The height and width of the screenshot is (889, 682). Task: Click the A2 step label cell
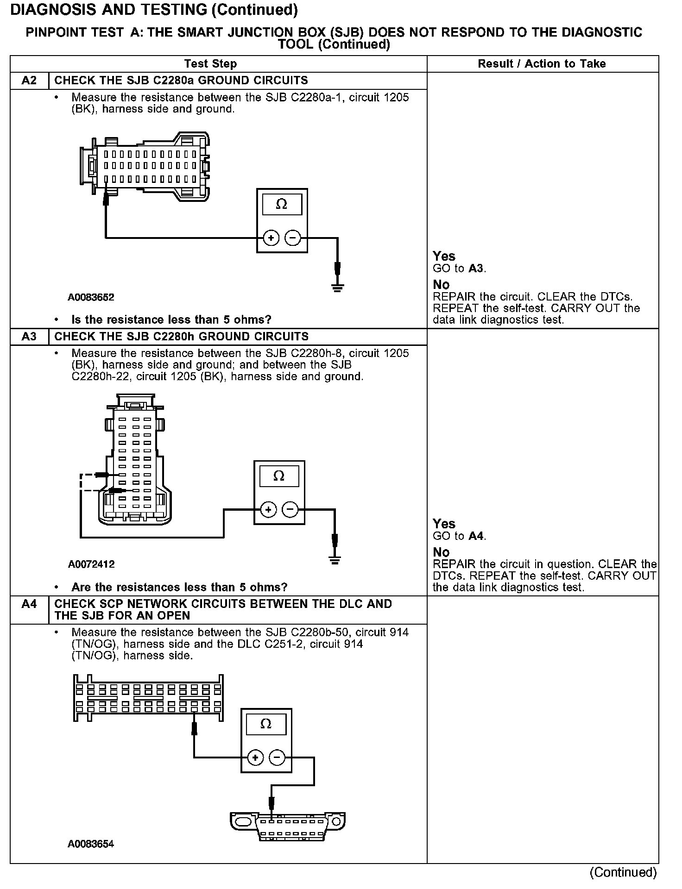tap(29, 81)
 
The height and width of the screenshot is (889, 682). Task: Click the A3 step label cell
tap(29, 337)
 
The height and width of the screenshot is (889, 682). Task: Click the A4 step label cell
tap(29, 604)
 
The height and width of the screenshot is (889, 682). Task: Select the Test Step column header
tap(210, 64)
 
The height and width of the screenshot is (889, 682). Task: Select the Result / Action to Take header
tap(542, 64)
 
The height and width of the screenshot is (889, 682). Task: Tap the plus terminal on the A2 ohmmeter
tap(271, 238)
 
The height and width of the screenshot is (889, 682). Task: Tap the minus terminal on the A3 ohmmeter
tap(290, 510)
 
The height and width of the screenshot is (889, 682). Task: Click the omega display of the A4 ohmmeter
tap(266, 724)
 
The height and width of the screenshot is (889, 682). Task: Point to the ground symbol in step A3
tap(335, 559)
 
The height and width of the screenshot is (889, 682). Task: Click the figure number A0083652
tap(91, 297)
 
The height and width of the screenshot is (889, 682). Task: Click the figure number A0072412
tap(91, 564)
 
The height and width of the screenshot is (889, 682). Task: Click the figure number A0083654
tap(91, 844)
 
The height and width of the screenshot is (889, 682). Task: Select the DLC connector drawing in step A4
tap(288, 826)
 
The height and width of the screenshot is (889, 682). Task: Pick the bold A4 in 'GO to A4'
tap(476, 536)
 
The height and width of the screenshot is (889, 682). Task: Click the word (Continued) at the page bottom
tap(623, 872)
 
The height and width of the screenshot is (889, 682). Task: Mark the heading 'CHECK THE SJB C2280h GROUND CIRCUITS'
tap(182, 337)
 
